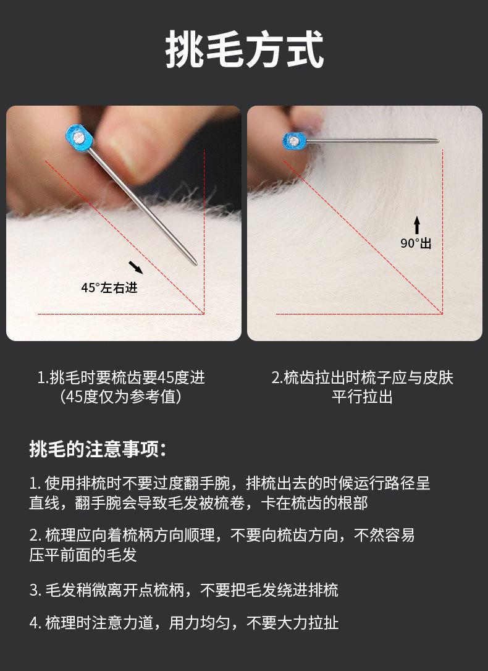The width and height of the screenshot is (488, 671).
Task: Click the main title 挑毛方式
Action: [x=244, y=49]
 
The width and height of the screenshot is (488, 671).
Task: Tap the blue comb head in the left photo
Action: [x=79, y=137]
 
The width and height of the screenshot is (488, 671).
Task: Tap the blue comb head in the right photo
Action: [x=294, y=141]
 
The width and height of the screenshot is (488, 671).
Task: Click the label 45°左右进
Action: [x=109, y=287]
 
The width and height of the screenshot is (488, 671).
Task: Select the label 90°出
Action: [x=416, y=243]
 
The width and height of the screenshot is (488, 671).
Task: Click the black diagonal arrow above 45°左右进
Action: [x=136, y=268]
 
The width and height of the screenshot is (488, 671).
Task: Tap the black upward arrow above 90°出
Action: [x=417, y=225]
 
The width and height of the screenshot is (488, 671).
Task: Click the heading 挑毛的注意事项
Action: [x=98, y=449]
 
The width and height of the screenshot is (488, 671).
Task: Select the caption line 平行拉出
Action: [x=362, y=397]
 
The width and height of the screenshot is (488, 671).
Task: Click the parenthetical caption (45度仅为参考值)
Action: [x=122, y=397]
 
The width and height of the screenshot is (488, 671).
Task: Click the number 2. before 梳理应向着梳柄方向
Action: [x=35, y=535]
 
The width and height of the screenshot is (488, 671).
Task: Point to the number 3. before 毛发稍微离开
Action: [x=35, y=590]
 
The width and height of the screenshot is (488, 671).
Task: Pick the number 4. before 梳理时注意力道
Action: [x=35, y=623]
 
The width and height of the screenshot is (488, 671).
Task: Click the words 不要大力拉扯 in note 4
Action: [x=293, y=623]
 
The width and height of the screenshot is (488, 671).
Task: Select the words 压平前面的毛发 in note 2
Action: [x=83, y=555]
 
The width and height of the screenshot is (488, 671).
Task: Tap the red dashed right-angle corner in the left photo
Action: [x=204, y=314]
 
